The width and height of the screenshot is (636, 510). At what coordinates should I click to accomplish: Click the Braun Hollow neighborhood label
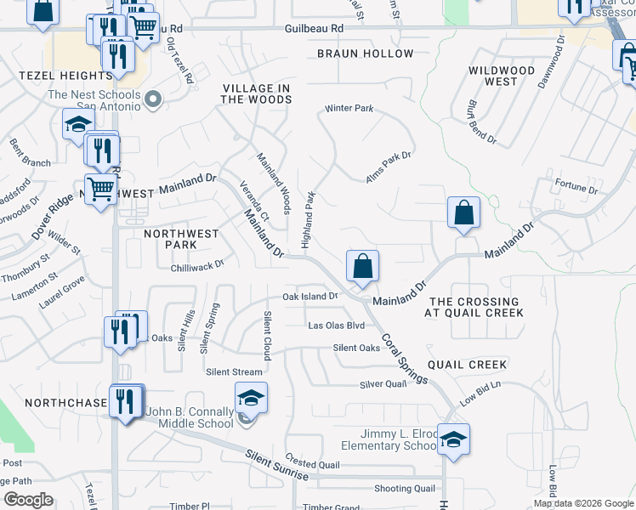click(365, 54)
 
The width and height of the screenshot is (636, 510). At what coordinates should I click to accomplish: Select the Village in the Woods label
click(256, 93)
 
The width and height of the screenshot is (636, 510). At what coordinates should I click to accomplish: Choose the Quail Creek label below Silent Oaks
click(467, 365)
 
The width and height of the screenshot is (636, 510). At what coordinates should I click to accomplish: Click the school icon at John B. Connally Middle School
click(251, 397)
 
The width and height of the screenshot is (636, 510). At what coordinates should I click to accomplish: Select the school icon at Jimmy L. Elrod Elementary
click(454, 439)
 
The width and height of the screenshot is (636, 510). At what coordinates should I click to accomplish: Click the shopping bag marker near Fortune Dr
click(463, 212)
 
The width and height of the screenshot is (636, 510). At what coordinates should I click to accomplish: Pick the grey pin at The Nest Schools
click(153, 100)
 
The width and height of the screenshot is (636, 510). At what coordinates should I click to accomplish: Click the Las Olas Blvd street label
click(336, 326)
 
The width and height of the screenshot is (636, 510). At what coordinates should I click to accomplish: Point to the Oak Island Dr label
click(310, 297)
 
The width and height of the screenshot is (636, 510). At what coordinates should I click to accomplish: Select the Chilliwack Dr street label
click(196, 264)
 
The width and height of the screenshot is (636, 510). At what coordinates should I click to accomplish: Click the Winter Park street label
click(349, 109)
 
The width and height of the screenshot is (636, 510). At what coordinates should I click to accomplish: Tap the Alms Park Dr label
click(388, 156)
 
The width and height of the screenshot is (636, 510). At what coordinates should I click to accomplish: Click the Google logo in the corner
click(28, 500)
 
